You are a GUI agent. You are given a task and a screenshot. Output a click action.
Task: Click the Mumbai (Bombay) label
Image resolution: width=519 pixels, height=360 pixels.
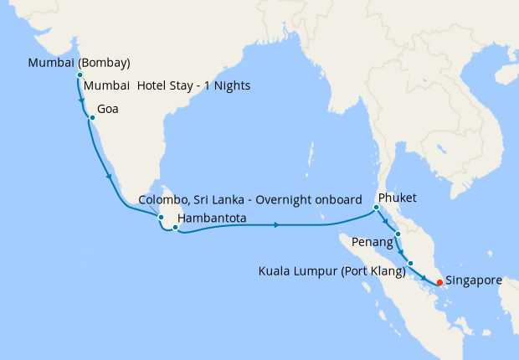tap(79, 63)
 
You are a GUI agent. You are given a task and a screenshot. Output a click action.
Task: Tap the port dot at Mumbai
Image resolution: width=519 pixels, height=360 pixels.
tap(80, 75)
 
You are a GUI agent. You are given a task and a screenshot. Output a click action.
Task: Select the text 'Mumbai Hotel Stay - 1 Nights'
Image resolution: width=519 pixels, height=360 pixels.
tap(167, 86)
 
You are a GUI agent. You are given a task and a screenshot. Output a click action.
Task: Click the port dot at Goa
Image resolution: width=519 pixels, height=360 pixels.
tap(92, 118)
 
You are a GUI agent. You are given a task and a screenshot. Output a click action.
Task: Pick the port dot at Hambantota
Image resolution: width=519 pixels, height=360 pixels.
tap(175, 226)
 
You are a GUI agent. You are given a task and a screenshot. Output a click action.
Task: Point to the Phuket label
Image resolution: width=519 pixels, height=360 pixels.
tap(397, 198)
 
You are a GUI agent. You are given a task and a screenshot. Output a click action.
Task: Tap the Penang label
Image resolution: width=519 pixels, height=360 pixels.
tap(374, 243)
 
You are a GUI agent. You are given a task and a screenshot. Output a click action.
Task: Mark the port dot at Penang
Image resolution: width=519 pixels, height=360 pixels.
tap(398, 234)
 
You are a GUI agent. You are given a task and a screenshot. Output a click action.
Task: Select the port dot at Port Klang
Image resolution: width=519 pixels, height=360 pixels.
tap(410, 264)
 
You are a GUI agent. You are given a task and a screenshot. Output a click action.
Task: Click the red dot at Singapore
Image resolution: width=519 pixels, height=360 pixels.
tap(439, 282)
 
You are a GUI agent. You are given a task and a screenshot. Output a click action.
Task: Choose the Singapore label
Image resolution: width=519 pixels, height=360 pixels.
tap(474, 280)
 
